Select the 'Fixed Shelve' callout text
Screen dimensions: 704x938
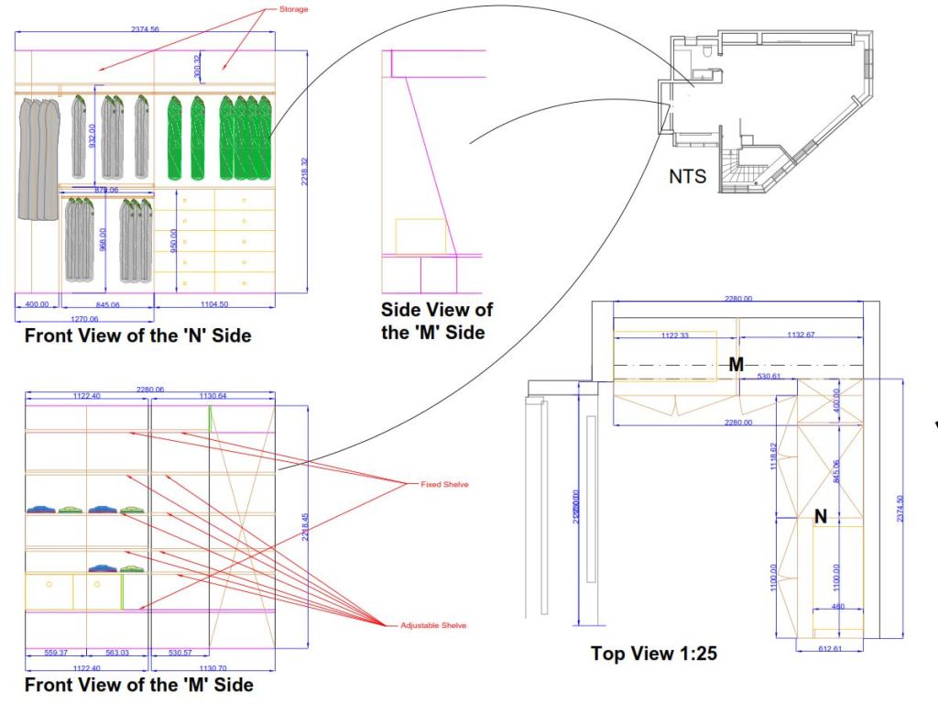[x=443, y=483]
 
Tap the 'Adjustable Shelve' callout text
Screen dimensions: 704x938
[x=433, y=625]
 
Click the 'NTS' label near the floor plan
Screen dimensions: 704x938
[x=688, y=176]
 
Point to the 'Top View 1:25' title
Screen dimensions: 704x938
[x=654, y=654]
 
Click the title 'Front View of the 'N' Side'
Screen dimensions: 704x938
[x=137, y=336]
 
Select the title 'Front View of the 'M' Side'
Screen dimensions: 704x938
[x=138, y=685]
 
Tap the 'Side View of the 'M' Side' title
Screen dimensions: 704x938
[x=436, y=320]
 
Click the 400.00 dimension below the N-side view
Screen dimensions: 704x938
[x=37, y=303]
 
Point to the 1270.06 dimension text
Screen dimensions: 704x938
[x=83, y=317]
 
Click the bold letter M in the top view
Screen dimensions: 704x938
[x=736, y=365]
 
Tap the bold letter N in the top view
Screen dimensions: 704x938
[x=821, y=517]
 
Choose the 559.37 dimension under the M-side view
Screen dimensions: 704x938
[x=56, y=653]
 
